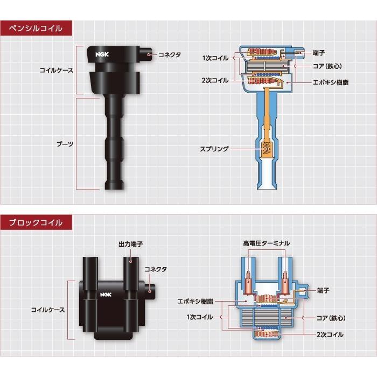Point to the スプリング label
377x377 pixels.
[215, 149]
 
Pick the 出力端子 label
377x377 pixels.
[130, 244]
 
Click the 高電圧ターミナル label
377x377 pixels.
[266, 243]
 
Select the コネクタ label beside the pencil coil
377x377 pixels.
[170, 55]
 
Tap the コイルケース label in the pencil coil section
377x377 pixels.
[57, 70]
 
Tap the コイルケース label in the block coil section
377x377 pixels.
[48, 310]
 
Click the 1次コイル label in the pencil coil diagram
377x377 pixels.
[215, 58]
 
